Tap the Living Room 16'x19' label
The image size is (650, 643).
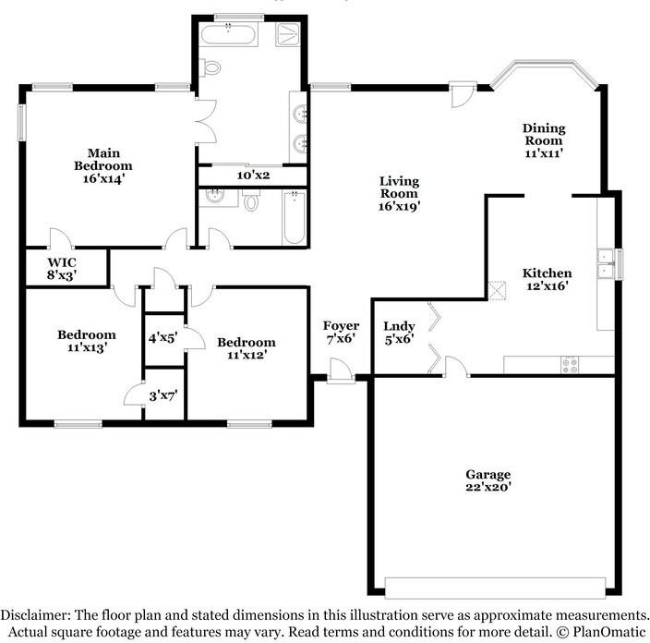[399, 194]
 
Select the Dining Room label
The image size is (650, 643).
[544, 140]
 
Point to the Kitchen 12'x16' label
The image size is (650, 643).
[547, 279]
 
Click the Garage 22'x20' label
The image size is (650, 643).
[487, 480]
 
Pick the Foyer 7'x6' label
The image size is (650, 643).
[341, 333]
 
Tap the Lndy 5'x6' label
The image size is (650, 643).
[399, 333]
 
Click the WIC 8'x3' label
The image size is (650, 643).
[61, 267]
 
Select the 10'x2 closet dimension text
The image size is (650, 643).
[251, 176]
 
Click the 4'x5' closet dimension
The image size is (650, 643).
[163, 338]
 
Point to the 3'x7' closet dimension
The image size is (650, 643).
[163, 395]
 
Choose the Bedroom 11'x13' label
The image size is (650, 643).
[86, 341]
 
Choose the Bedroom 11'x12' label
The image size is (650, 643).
[247, 348]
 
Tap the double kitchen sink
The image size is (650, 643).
[606, 264]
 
